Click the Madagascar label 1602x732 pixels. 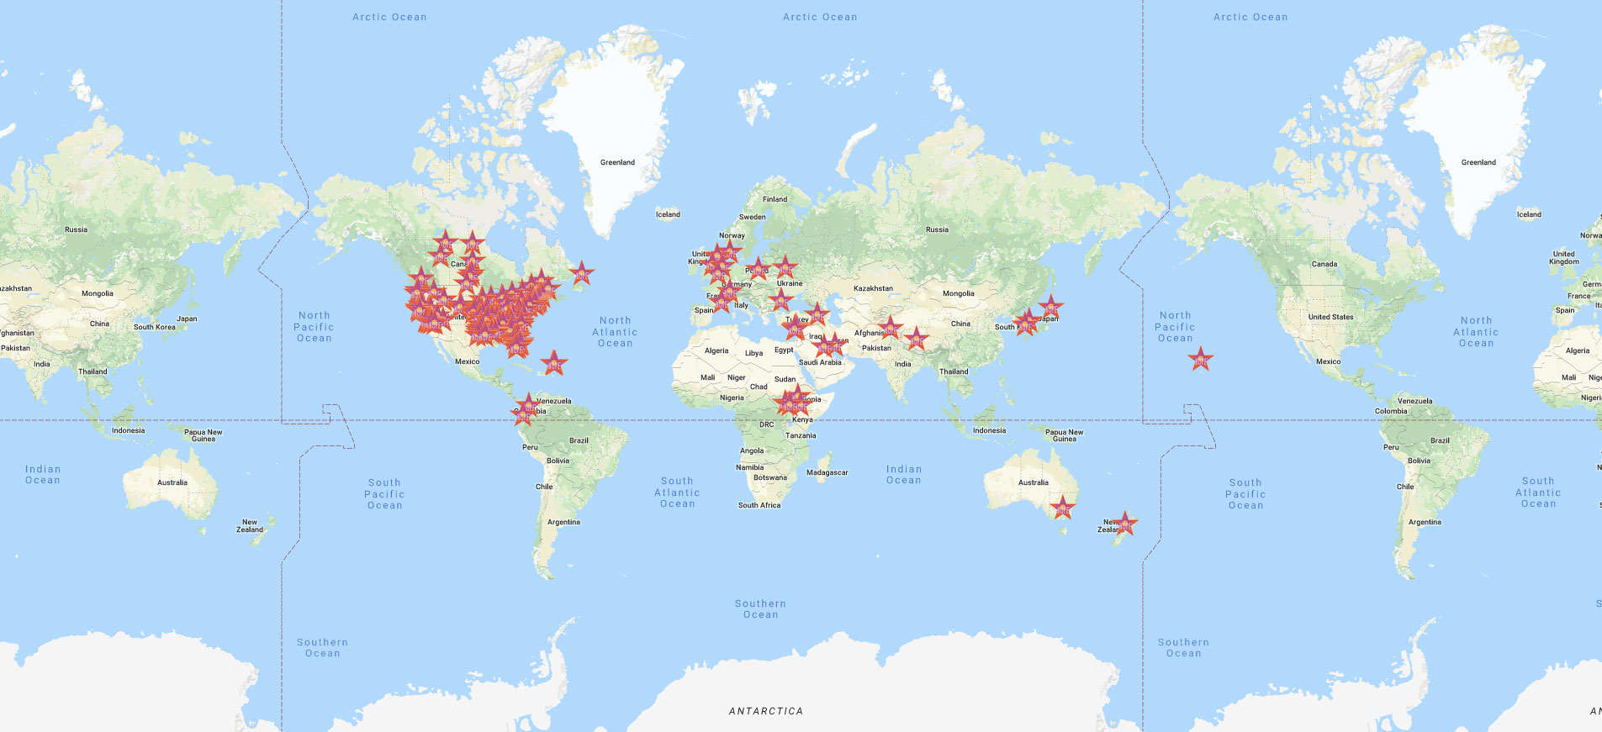[x=827, y=472]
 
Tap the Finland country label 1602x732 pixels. [x=775, y=199]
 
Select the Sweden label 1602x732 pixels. [x=752, y=217]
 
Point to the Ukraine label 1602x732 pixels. [x=790, y=283]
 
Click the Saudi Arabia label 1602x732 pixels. [x=819, y=362]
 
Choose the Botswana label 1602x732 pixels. [x=769, y=477]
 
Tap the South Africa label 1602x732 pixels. [x=759, y=505]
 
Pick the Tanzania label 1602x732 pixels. [x=801, y=435]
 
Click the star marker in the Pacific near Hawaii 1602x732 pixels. [x=1201, y=360]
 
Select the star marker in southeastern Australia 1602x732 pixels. [x=1063, y=508]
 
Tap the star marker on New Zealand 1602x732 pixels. [x=1125, y=524]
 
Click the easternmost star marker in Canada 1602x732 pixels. [x=581, y=273]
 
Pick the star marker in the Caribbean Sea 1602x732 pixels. [x=553, y=364]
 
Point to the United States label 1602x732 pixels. [x=1330, y=317]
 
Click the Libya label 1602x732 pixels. [x=753, y=353]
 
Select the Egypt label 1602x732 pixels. [x=784, y=350]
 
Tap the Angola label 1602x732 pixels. [x=752, y=450]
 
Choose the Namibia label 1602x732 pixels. [x=749, y=467]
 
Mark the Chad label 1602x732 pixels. [x=759, y=387]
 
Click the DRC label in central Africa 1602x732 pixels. [x=766, y=424]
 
